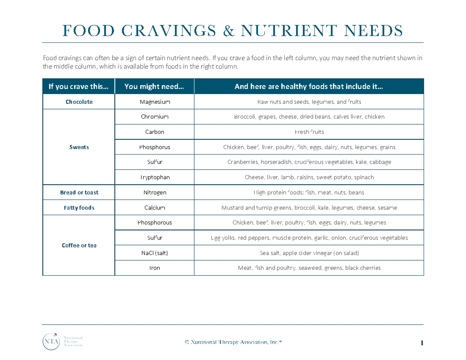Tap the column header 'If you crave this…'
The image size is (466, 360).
79,87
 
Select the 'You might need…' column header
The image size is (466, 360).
155,87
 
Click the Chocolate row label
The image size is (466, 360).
79,102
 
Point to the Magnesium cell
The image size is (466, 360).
155,102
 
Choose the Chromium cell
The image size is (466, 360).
155,117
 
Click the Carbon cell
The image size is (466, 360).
155,132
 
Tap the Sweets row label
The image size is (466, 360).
79,147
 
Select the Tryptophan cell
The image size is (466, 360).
155,177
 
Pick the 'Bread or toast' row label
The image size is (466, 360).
79,193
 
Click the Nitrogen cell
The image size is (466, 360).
155,193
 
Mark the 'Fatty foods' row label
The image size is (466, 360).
79,208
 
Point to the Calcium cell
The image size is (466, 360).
155,208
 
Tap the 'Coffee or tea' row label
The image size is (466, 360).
79,245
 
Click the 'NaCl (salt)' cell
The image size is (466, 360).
155,253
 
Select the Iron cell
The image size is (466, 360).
155,268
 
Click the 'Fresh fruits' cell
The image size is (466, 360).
309,132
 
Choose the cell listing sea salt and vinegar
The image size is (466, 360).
309,253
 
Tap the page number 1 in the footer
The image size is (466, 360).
421,343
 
